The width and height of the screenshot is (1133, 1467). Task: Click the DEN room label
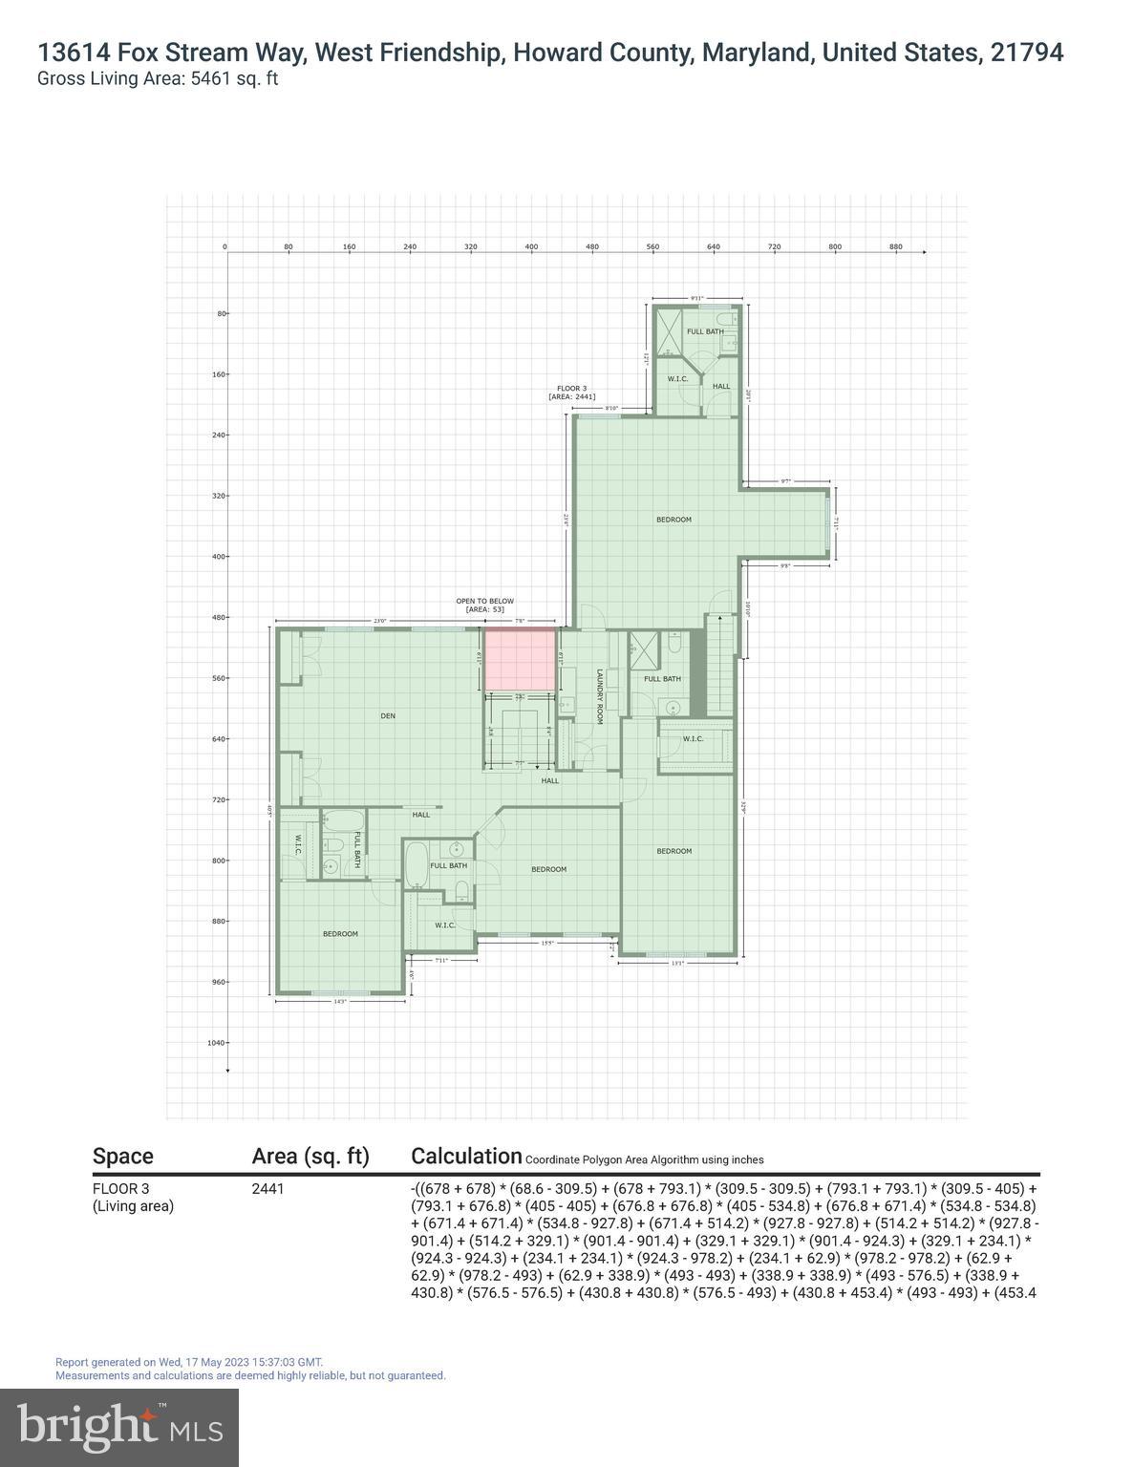(x=387, y=715)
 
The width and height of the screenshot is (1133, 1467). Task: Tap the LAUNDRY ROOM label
(x=600, y=696)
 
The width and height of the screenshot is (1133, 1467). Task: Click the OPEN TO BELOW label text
(x=484, y=601)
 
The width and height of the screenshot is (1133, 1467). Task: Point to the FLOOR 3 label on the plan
(x=572, y=388)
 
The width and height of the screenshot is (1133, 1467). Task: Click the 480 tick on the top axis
(x=592, y=247)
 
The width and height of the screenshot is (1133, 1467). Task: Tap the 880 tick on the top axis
(x=896, y=247)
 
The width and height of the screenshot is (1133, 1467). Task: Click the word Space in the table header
(x=122, y=1156)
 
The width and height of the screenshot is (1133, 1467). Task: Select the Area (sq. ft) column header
(x=310, y=1156)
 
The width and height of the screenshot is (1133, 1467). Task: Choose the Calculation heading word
(x=466, y=1156)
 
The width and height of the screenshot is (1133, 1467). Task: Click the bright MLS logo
(x=119, y=1427)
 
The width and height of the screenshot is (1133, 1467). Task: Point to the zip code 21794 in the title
(x=1027, y=53)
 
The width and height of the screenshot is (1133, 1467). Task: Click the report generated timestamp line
(x=189, y=1362)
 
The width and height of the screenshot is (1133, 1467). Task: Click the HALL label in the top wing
(x=721, y=387)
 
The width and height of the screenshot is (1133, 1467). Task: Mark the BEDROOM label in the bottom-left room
(x=340, y=933)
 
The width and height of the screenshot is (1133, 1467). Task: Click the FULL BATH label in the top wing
(x=705, y=331)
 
